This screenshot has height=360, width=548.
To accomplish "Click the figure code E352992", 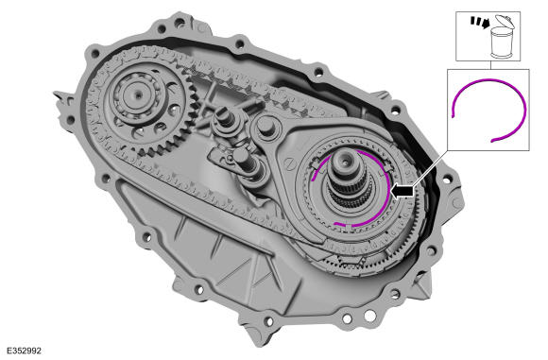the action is pyautogui.click(x=25, y=351).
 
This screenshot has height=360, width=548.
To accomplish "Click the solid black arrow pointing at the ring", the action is pyautogui.click(x=402, y=191).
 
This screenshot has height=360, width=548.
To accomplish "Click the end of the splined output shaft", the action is pyautogui.click(x=344, y=163).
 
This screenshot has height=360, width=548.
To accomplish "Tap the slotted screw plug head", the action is pyautogui.click(x=290, y=164).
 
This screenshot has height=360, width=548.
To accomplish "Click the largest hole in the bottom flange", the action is pyautogui.click(x=369, y=316).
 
